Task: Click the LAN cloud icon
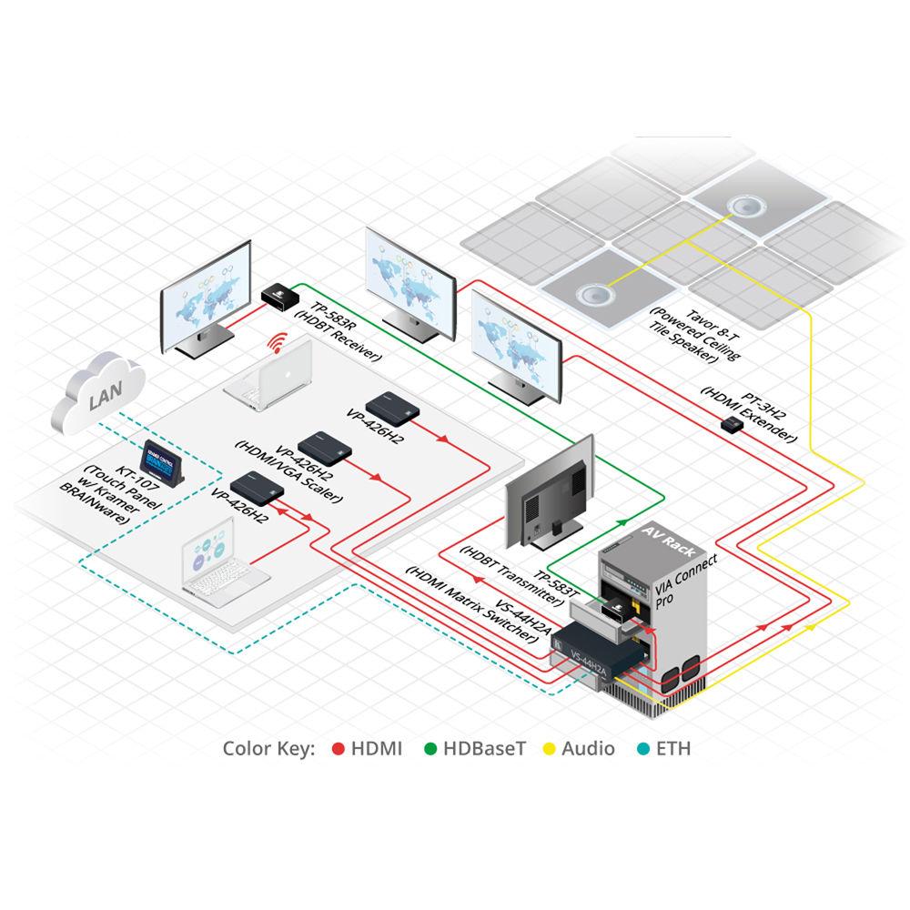103,399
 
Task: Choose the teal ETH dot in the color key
643,749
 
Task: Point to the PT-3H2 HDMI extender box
731,425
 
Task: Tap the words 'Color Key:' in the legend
268,749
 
